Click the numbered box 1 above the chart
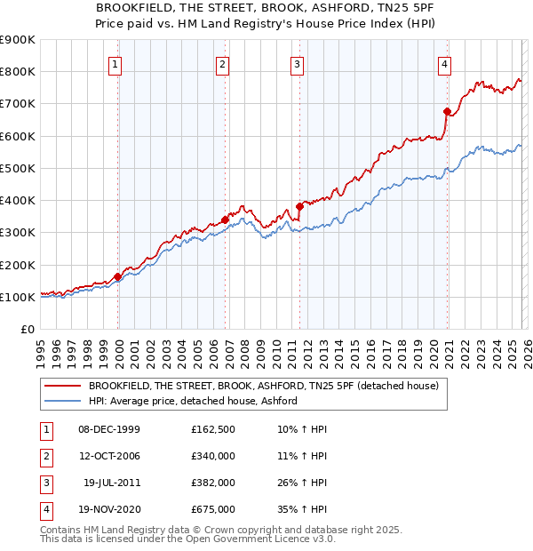click(x=117, y=63)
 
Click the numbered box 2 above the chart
click(x=222, y=63)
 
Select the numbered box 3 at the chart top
click(x=297, y=63)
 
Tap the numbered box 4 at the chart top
click(x=444, y=63)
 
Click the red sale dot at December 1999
click(x=118, y=276)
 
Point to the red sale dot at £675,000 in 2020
click(x=447, y=111)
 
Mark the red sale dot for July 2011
click(x=299, y=206)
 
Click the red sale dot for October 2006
click(x=225, y=220)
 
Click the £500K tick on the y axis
click(x=18, y=168)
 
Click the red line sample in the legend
click(x=63, y=387)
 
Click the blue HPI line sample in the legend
click(x=63, y=402)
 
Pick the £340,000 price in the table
click(x=213, y=457)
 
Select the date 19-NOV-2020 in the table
click(x=109, y=510)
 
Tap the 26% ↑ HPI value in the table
click(x=303, y=483)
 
